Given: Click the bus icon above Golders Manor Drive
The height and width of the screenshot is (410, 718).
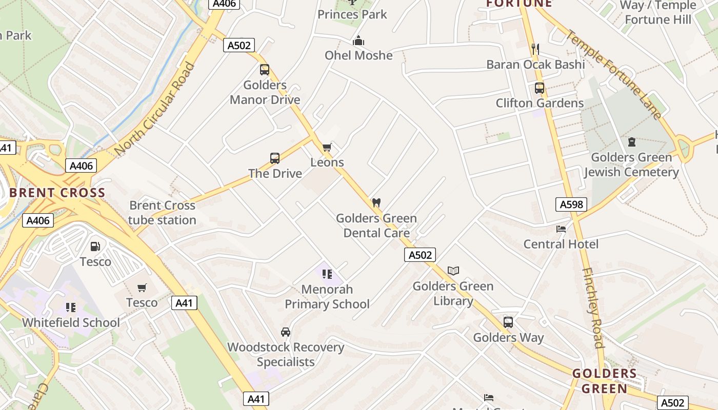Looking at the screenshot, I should click(265, 70).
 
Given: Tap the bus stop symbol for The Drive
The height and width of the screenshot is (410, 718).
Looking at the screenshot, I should click(275, 158).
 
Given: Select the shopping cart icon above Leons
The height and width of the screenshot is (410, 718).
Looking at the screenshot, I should click(327, 148).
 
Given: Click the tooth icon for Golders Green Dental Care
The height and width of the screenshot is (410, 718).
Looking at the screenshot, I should click(376, 203).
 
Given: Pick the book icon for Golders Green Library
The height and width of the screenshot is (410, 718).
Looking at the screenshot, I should click(453, 271).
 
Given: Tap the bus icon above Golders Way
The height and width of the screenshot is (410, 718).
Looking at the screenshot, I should click(508, 322).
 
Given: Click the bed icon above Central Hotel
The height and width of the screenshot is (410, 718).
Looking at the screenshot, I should click(561, 229).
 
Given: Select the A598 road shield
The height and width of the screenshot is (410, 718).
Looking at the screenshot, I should click(571, 204).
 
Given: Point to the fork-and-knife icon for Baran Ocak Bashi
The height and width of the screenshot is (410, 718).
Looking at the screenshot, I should click(535, 49).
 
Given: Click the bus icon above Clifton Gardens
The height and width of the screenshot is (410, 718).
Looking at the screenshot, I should click(540, 88).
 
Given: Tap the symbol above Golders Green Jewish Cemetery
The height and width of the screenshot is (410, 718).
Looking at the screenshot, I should click(631, 142).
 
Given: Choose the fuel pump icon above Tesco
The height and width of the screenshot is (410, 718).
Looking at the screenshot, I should click(95, 247).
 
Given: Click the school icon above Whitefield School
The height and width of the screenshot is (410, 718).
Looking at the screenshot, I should click(71, 307).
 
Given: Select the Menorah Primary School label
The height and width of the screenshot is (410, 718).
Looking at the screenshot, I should click(327, 297).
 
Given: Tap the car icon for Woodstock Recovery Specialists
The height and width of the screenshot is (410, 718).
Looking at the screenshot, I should click(286, 332).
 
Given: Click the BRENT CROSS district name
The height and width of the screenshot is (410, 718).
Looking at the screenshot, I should click(57, 193).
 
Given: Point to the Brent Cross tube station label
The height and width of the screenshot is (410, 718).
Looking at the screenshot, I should click(162, 213).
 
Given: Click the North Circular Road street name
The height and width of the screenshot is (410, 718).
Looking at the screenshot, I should click(155, 109).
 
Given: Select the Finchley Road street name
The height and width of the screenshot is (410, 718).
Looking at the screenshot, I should click(593, 307).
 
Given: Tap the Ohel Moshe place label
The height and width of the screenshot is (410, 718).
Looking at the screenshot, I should click(358, 55).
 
